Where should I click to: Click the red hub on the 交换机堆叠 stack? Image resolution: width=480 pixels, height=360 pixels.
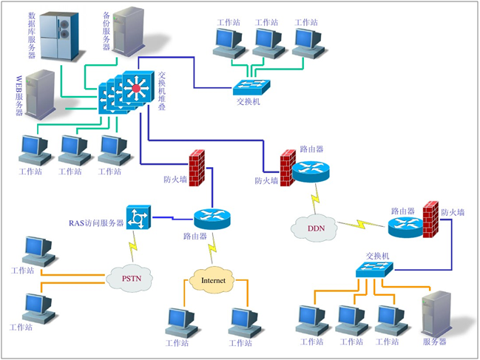[135, 90]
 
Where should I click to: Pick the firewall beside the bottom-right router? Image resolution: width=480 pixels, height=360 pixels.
[430, 219]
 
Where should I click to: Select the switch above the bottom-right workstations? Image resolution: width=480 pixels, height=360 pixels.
[374, 270]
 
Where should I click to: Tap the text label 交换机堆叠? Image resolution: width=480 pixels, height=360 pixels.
[163, 91]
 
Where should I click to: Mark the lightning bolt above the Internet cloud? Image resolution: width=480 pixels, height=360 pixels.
[213, 247]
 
